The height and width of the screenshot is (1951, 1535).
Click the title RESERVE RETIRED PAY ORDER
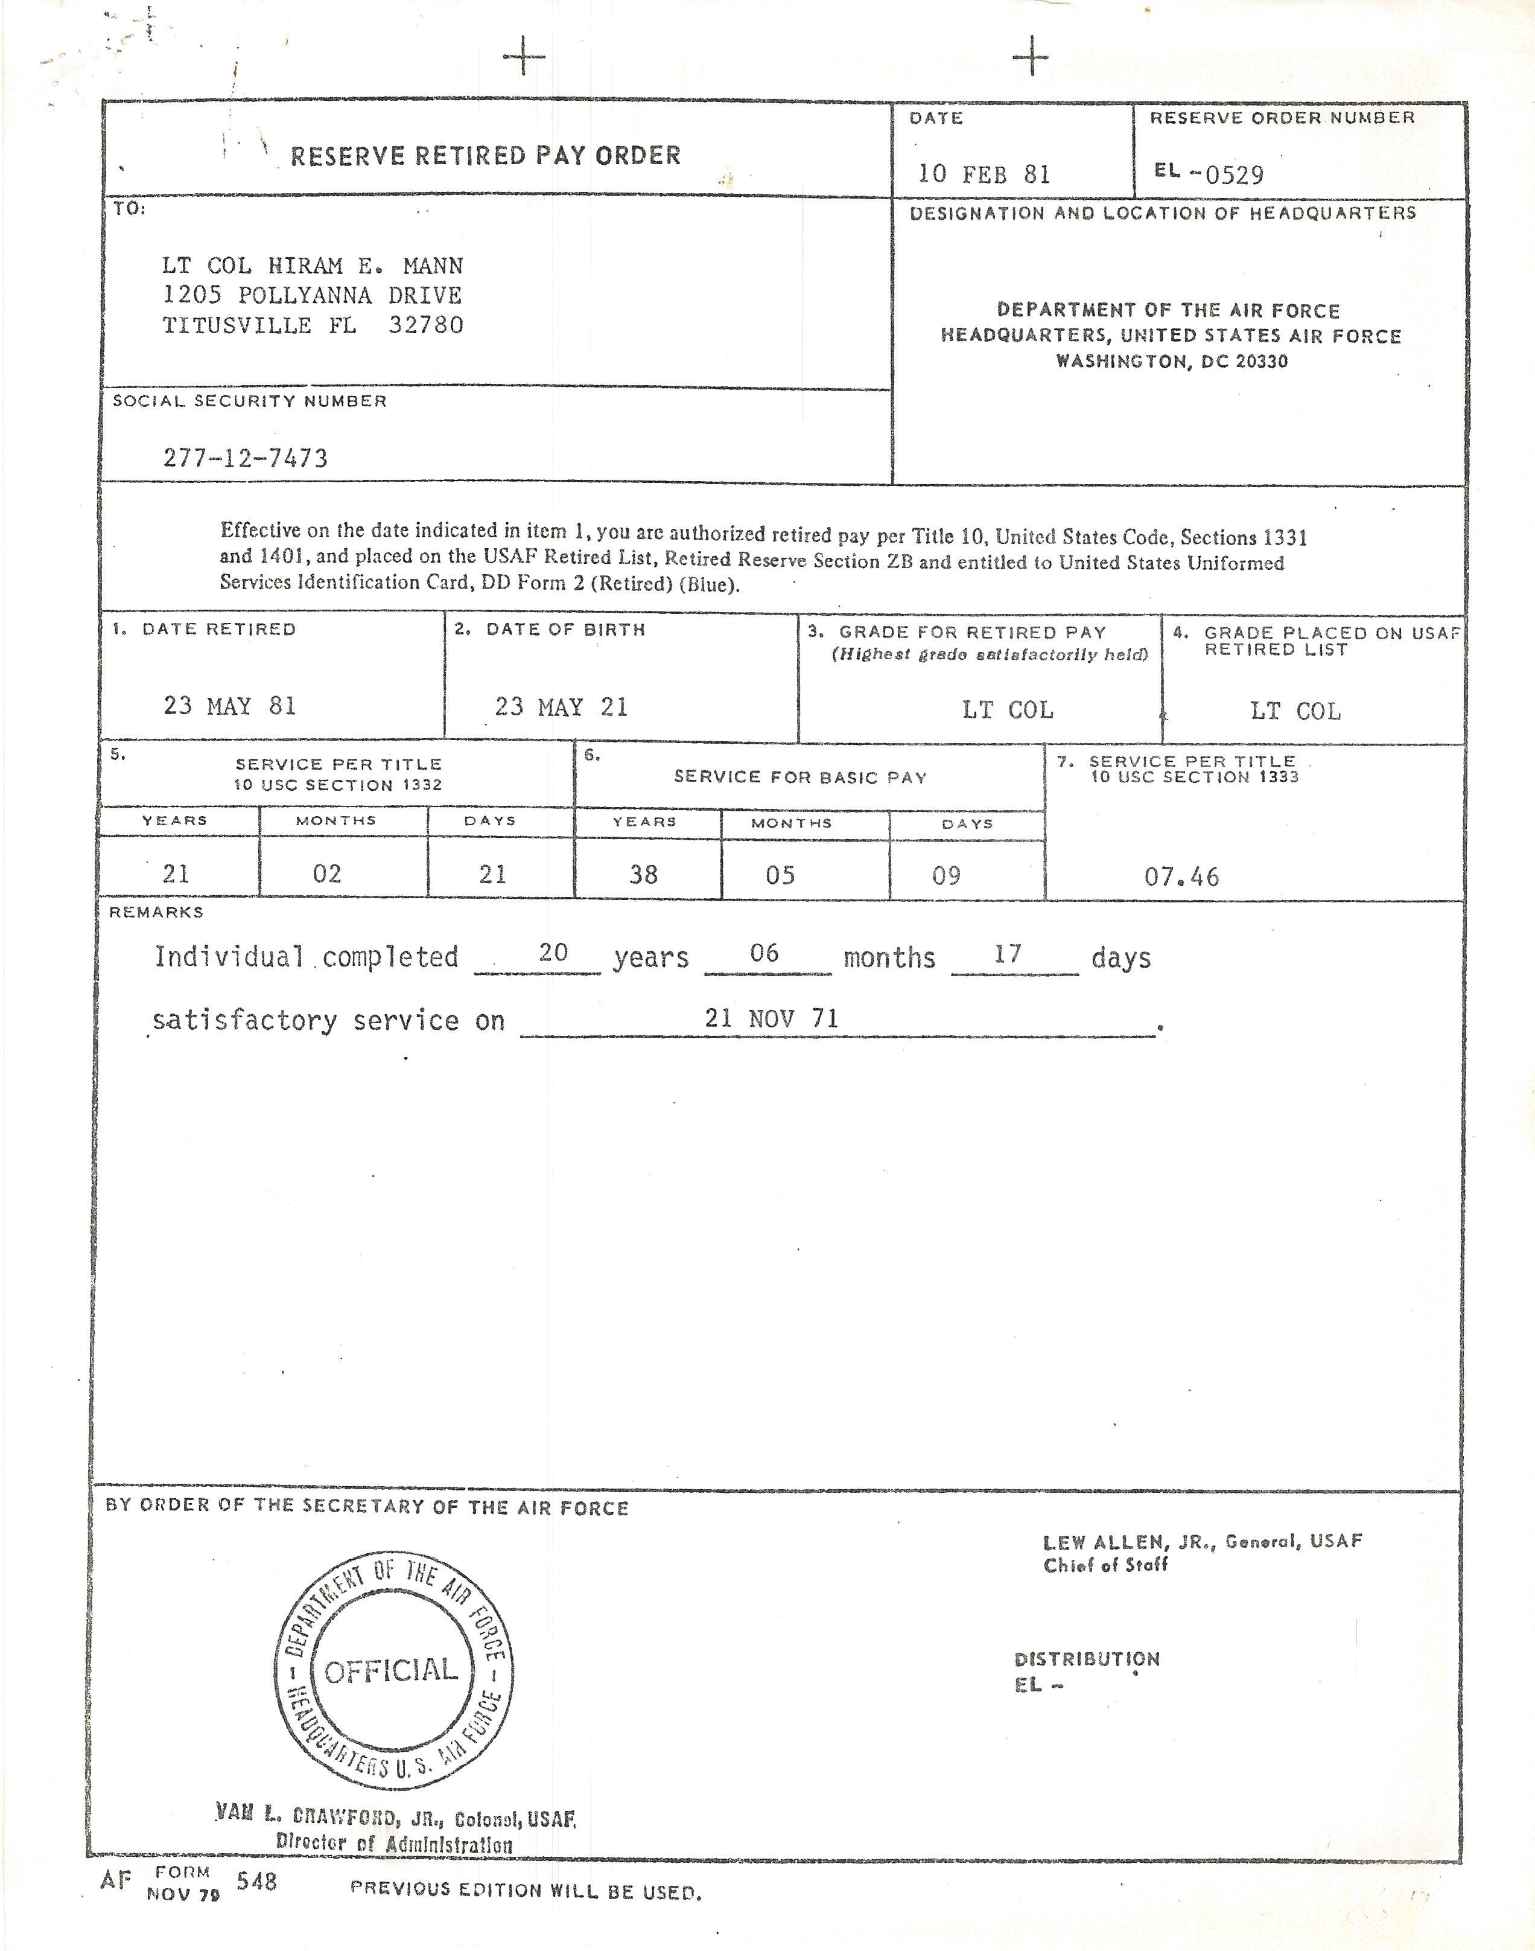(485, 156)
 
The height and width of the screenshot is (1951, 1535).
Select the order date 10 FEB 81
(984, 173)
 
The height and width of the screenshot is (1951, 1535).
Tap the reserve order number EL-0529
(1210, 173)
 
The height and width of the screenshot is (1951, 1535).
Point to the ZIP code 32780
(426, 325)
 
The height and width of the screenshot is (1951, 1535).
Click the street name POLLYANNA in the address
(305, 295)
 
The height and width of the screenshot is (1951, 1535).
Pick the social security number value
(246, 458)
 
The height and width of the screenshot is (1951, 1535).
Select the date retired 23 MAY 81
(230, 706)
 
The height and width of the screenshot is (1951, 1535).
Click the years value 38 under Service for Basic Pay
(643, 875)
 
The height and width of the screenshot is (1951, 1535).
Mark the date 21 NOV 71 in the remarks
(771, 1018)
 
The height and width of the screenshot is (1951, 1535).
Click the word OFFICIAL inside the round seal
(392, 1670)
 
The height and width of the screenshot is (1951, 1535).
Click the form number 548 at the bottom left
(257, 1881)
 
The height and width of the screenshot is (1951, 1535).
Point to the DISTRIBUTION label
(1087, 1659)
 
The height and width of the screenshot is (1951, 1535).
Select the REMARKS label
(156, 912)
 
